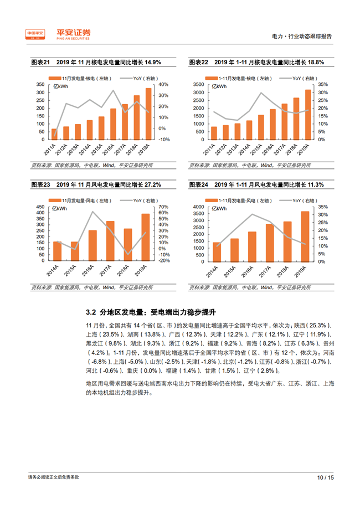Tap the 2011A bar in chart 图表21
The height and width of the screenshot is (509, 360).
point(54,133)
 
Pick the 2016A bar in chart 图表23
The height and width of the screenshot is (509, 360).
point(93,246)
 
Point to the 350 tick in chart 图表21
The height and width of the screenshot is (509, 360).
point(40,84)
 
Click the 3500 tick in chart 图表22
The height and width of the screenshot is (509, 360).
point(199,84)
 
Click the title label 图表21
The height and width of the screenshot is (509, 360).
point(39,63)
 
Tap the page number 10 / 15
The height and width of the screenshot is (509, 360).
point(325,477)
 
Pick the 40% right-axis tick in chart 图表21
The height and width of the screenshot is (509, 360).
point(163,84)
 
